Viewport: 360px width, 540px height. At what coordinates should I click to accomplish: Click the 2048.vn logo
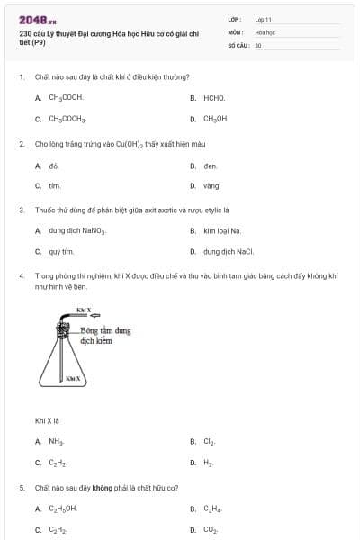pos(37,19)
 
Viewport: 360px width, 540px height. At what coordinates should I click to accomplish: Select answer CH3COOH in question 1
pos(66,97)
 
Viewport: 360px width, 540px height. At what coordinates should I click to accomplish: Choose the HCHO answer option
pos(214,97)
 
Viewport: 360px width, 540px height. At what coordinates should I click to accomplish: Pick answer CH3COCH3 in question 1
pos(67,119)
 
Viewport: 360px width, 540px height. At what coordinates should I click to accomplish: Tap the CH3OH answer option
pos(215,119)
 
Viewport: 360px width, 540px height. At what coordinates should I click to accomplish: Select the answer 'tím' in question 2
pos(54,186)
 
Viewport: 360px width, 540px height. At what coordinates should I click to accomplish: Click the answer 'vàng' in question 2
pos(212,186)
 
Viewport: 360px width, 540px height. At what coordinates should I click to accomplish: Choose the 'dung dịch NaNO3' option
pos(77,231)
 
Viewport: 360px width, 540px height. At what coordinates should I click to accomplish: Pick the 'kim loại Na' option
pos(222,231)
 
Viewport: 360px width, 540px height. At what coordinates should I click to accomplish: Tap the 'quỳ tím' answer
pos(61,252)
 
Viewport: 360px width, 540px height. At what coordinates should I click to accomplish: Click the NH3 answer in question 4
pos(56,442)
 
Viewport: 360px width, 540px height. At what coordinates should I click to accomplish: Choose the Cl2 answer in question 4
pos(210,442)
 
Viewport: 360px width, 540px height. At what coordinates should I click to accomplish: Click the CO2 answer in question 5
pos(211,530)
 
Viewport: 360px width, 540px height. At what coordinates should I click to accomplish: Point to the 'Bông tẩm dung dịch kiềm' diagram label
pos(105,336)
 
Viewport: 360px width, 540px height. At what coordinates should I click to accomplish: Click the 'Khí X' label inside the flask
pos(74,379)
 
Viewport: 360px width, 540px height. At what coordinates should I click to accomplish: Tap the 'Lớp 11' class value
pos(263,18)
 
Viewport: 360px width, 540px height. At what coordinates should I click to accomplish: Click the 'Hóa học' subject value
pos(265,31)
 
